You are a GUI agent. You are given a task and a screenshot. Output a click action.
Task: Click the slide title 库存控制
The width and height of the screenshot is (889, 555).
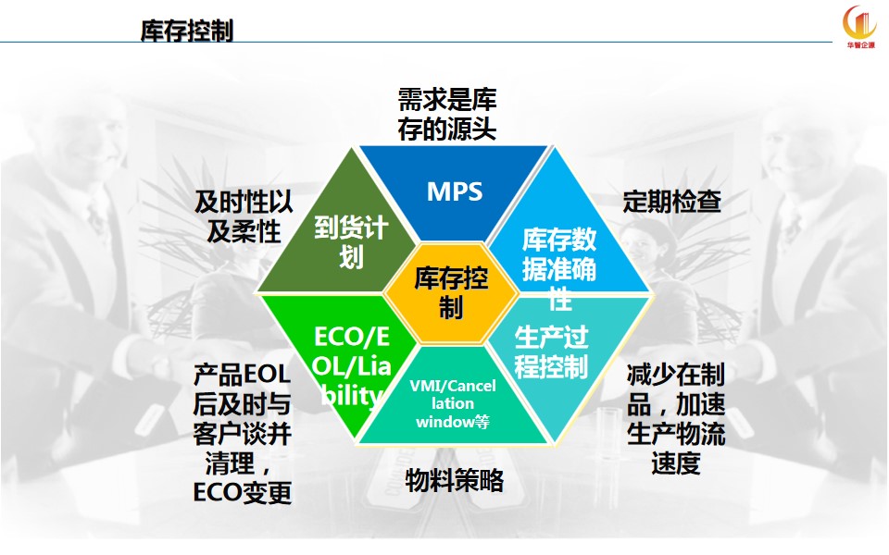[x=186, y=31]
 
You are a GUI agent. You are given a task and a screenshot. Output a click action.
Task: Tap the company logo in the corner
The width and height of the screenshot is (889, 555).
[x=859, y=26]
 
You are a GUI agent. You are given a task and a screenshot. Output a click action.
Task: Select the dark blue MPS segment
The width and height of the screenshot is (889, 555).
[x=454, y=190]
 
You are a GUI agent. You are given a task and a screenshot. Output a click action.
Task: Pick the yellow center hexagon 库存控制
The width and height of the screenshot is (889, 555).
[x=451, y=293]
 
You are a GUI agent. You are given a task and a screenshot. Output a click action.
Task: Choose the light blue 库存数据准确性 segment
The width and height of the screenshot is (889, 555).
[x=567, y=243]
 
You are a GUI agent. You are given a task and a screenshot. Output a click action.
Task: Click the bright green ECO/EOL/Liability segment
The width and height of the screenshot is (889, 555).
[x=340, y=351]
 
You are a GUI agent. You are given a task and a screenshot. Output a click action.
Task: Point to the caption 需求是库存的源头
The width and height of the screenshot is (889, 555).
[x=446, y=115]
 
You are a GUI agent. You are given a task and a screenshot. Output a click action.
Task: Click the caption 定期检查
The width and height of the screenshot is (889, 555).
[x=672, y=202]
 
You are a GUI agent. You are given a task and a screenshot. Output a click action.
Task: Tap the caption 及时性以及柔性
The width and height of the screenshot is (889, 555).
[x=244, y=216]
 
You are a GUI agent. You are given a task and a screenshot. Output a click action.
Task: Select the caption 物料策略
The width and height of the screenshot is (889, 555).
[x=454, y=481]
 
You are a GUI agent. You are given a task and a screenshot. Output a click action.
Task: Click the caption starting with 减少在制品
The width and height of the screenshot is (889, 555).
[x=676, y=419]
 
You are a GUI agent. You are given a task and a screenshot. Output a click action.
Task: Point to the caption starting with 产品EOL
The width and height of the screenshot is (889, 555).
[x=242, y=433]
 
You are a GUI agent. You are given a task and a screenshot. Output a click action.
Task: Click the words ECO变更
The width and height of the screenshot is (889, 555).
[x=242, y=493]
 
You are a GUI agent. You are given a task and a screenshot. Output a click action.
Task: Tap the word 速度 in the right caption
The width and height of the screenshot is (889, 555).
[x=676, y=463]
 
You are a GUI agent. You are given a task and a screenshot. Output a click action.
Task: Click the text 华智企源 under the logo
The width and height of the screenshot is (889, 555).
[x=860, y=44]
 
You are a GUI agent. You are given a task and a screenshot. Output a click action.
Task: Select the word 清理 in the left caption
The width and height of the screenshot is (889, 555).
[x=230, y=463]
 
